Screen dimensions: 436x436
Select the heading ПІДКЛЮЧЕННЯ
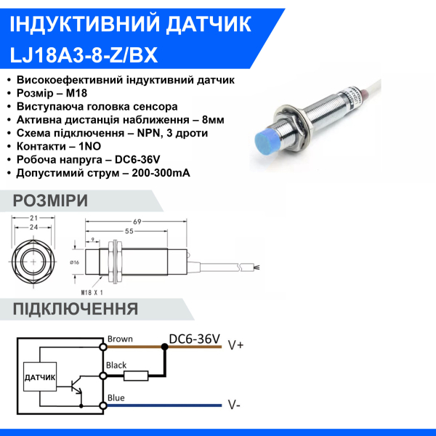coord(76,309)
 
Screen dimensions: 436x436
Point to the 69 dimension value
coord(136,222)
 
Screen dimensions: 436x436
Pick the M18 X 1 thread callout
coord(92,291)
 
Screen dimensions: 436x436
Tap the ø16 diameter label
coord(75,262)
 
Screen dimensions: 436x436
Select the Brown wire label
coord(120,339)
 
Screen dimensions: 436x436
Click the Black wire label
coord(117,366)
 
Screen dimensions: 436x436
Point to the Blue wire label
coord(116,397)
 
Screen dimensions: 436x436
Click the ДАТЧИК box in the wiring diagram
coord(40,379)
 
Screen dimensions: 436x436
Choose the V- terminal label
coord(235,405)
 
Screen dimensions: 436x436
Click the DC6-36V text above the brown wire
coord(193,339)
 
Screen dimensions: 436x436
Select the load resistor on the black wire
coord(136,376)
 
